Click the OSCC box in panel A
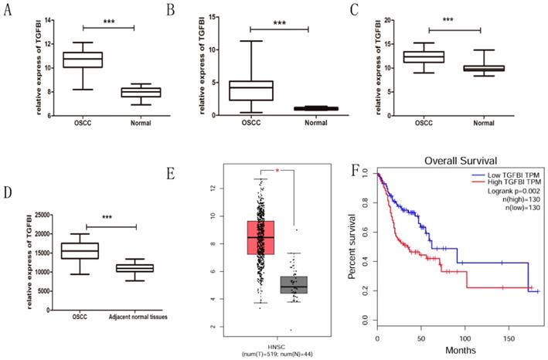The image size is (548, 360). click(82, 59)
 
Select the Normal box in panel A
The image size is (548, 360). click(145, 92)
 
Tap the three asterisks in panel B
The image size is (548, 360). click(279, 23)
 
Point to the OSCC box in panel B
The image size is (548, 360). click(250, 90)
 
